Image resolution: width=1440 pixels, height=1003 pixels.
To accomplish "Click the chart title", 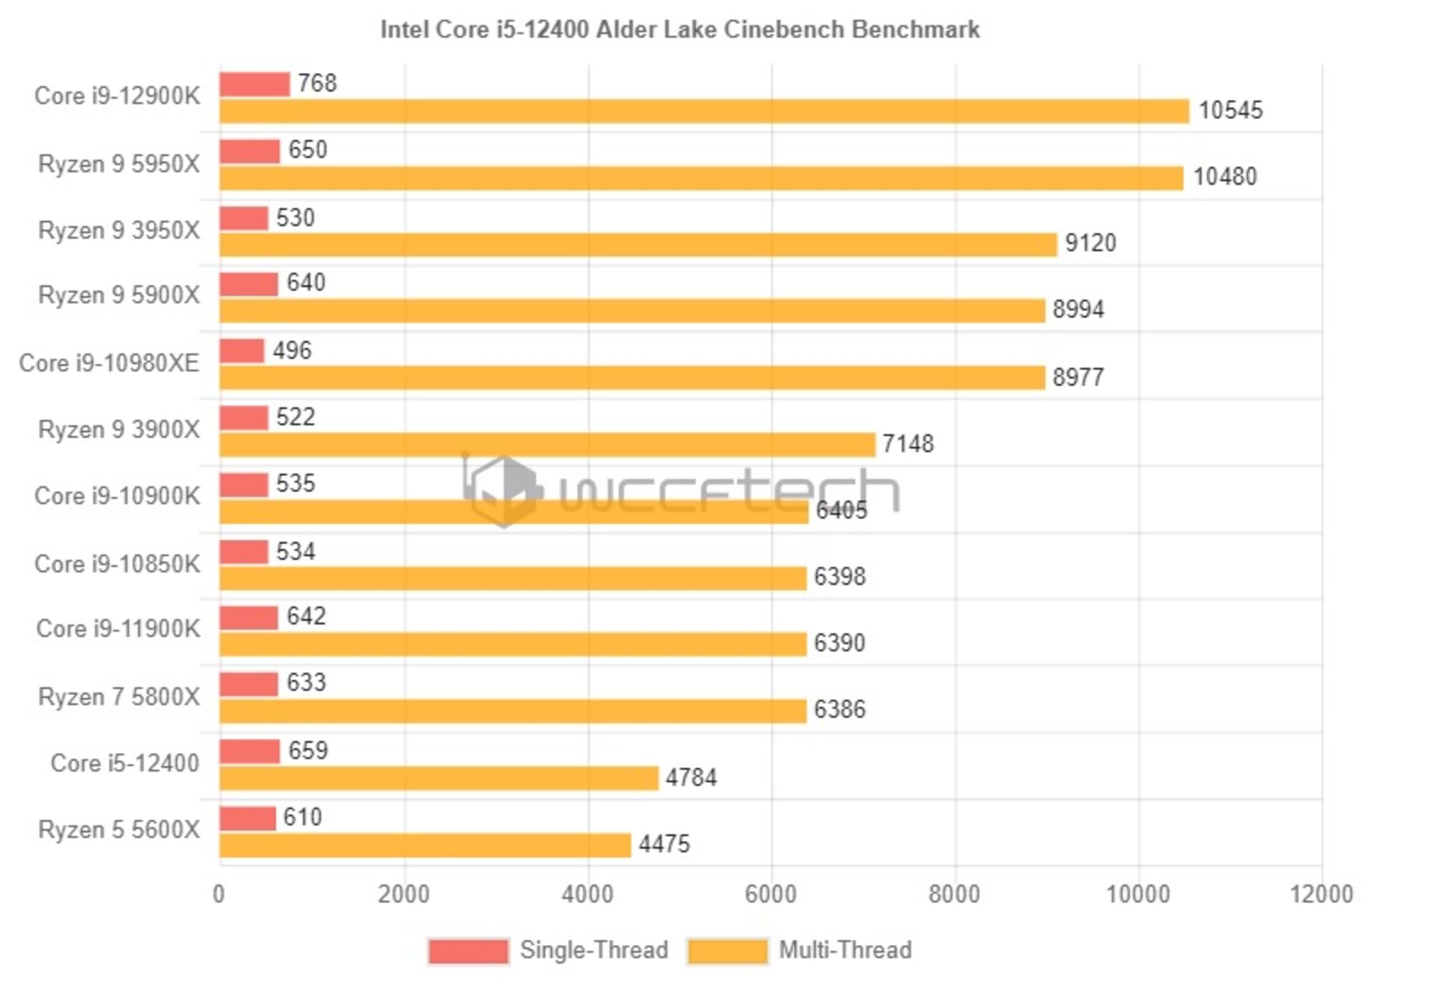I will click(x=679, y=29).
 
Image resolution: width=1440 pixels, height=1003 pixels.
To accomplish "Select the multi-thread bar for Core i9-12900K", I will click(x=703, y=111).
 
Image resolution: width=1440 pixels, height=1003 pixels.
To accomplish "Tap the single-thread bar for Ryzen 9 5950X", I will click(x=250, y=151).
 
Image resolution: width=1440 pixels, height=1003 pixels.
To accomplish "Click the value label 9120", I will click(x=1090, y=243).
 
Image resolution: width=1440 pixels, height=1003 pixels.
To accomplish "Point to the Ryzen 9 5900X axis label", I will click(x=118, y=296).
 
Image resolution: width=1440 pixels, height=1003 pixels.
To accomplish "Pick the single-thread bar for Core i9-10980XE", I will click(x=241, y=350).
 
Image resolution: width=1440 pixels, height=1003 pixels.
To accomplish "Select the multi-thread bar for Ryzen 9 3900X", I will click(x=547, y=444).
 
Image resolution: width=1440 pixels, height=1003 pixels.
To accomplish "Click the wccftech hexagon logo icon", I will click(x=502, y=491).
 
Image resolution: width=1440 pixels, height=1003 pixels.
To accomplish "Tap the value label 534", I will click(x=295, y=551).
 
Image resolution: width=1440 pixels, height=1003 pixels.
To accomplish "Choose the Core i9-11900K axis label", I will click(x=118, y=629).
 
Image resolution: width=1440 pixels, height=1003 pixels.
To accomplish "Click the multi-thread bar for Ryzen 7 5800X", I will click(x=512, y=710).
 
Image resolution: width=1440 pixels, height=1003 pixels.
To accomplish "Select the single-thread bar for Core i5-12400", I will click(x=250, y=750).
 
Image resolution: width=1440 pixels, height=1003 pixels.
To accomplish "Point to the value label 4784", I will click(x=691, y=777).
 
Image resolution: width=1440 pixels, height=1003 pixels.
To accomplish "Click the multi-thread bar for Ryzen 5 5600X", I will click(x=425, y=845).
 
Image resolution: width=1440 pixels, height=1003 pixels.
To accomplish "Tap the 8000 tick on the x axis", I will click(x=954, y=894).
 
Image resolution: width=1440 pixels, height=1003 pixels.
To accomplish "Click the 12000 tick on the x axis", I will click(x=1321, y=894).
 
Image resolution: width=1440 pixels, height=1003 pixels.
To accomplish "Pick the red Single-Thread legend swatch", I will click(x=468, y=951).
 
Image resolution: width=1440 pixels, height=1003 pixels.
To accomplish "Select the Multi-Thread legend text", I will click(x=844, y=950).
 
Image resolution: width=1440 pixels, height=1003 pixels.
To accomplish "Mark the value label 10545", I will click(x=1230, y=110).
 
